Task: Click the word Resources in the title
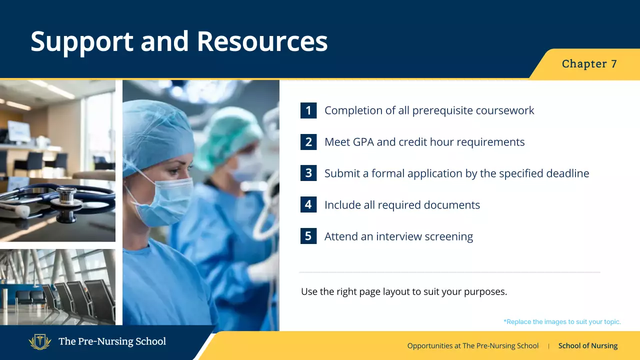pyautogui.click(x=262, y=41)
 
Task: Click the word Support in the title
pyautogui.click(x=81, y=41)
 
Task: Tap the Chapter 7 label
pyautogui.click(x=589, y=64)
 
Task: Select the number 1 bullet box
pyautogui.click(x=308, y=110)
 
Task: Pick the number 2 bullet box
pyautogui.click(x=308, y=142)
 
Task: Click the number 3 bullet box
pyautogui.click(x=308, y=173)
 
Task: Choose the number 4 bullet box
pyautogui.click(x=308, y=204)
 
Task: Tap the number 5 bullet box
pyautogui.click(x=308, y=236)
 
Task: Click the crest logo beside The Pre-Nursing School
pyautogui.click(x=40, y=342)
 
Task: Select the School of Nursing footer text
pyautogui.click(x=587, y=346)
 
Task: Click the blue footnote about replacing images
pyautogui.click(x=562, y=322)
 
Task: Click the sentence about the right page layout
pyautogui.click(x=403, y=291)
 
